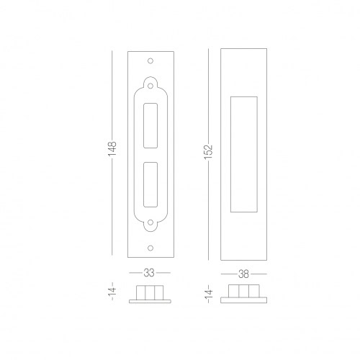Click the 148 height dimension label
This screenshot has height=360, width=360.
click(x=112, y=149)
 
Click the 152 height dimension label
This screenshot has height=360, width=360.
click(x=208, y=151)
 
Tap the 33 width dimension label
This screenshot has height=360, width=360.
click(x=149, y=273)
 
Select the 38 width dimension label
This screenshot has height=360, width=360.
click(x=243, y=274)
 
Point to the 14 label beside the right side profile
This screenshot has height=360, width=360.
click(x=208, y=294)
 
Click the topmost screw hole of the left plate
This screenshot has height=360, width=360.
click(x=150, y=61)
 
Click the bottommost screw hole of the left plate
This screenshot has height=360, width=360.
click(x=150, y=248)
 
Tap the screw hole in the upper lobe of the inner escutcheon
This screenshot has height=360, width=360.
click(x=150, y=86)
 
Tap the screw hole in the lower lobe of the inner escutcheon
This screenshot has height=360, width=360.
click(x=150, y=222)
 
